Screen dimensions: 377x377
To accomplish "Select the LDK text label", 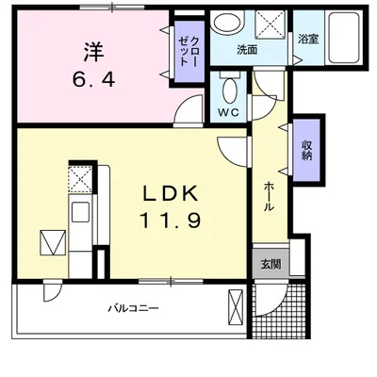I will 170,194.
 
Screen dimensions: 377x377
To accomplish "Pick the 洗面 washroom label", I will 248,49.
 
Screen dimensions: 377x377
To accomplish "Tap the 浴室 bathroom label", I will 308,40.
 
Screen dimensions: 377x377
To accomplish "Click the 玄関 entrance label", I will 270,265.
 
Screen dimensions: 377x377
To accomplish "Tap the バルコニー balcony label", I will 132,308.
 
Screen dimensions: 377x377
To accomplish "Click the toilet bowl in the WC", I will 228,90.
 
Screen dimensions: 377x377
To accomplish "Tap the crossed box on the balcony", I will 237,305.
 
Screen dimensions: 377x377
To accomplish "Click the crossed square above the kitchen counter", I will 80,177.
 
